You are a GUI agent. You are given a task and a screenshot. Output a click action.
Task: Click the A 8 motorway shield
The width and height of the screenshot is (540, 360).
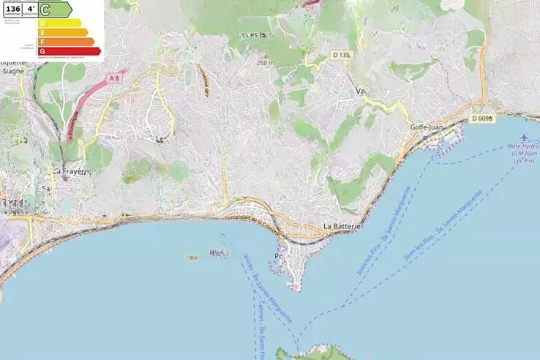click(113, 78)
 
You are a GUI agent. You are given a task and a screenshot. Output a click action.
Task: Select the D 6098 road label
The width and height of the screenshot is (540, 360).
click(483, 118)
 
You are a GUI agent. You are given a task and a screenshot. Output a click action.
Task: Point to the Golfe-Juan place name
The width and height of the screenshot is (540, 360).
click(427, 127)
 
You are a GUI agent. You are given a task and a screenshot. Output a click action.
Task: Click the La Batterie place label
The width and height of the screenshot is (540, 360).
click(342, 227)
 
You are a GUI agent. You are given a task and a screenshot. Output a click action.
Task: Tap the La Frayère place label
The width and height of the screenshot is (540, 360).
click(70, 171)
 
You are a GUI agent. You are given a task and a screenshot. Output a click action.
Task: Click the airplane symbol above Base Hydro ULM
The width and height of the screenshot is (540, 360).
click(525, 138)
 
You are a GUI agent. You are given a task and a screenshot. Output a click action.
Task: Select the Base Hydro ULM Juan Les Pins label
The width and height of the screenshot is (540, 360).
click(524, 153)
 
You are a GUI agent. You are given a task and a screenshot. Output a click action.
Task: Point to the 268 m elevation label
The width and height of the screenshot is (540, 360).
click(265, 63)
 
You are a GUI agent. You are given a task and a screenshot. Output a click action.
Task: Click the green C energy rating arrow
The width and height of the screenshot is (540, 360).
click(56, 10)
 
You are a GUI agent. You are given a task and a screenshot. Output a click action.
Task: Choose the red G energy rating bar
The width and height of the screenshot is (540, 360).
click(70, 51)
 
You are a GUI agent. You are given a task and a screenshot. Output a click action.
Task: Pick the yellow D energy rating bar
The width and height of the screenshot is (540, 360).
click(61, 23)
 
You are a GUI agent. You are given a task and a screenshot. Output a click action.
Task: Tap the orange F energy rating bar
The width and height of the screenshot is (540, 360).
click(67, 42)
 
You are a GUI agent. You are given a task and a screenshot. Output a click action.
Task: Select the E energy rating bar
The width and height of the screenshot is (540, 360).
click(64, 32)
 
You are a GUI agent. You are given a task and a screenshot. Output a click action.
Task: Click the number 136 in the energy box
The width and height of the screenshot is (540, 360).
click(12, 8)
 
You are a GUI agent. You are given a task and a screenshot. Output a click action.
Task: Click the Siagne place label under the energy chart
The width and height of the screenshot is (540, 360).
click(12, 71)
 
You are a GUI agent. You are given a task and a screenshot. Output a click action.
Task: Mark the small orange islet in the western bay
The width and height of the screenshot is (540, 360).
click(192, 257)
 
